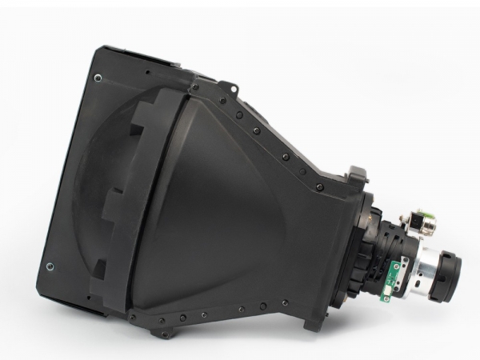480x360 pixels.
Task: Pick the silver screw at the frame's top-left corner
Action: [98, 78]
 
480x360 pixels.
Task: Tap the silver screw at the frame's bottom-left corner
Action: [50, 266]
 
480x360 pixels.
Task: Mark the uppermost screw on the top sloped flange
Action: [195, 87]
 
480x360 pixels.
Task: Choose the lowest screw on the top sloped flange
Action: [319, 186]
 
